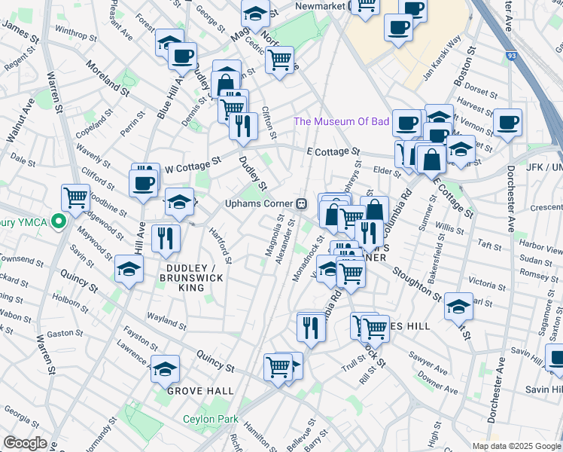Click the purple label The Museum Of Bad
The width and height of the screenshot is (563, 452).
(341, 121)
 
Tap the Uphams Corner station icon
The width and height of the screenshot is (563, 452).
(301, 203)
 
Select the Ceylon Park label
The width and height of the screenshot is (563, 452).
(211, 420)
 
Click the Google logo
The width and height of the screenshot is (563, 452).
(25, 443)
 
